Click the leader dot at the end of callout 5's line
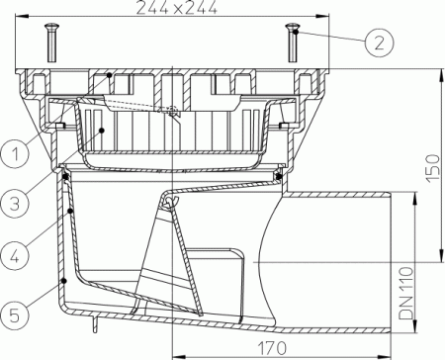tap(64, 281)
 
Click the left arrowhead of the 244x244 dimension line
tap(23, 17)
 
